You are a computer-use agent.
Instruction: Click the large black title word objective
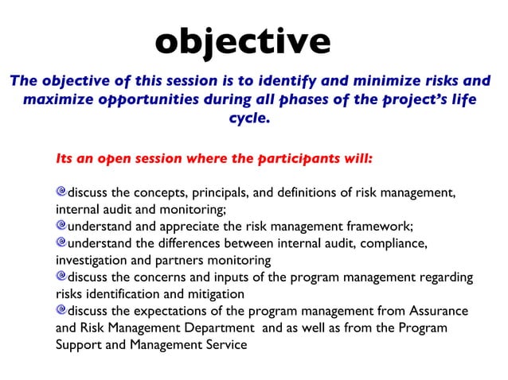click(242, 41)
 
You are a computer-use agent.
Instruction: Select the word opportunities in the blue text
click(150, 100)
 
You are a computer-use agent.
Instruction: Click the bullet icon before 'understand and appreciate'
click(61, 225)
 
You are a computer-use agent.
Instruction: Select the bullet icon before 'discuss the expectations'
click(61, 309)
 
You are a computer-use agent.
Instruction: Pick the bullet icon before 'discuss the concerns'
click(61, 276)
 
